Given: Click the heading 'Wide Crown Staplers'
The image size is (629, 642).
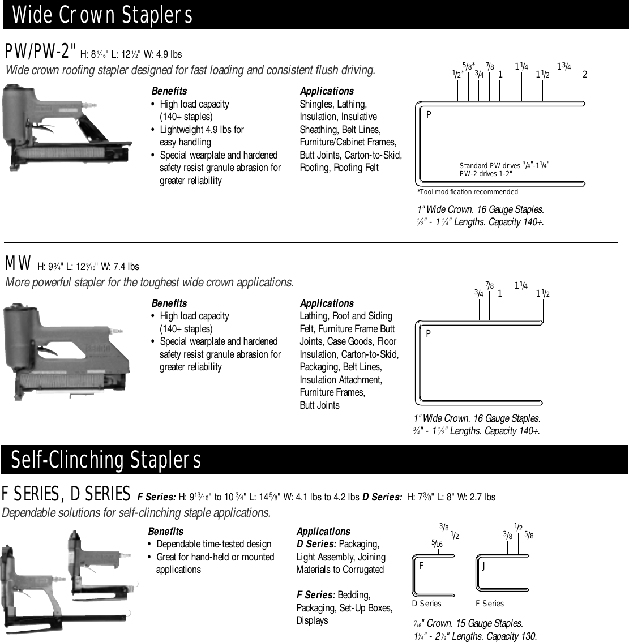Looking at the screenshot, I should point(102,15).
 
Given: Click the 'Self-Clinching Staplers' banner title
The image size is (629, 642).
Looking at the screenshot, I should point(106,460).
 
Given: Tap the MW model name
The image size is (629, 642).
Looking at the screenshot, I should point(18,264).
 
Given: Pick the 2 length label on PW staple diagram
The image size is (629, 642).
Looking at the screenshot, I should point(585,75).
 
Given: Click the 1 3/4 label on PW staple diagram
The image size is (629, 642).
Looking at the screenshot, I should point(563,67).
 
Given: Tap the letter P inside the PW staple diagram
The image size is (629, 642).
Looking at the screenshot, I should point(429,114).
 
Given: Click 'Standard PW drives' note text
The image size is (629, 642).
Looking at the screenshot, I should point(490,166).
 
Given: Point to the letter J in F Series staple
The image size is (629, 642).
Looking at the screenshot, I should point(483,566).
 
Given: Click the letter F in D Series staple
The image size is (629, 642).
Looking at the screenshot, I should point(422,566).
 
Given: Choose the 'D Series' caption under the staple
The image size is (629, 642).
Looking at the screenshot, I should point(426,604).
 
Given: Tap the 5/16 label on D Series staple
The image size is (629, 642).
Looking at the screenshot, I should point(437,544).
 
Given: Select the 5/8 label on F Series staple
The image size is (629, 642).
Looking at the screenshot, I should point(529,534).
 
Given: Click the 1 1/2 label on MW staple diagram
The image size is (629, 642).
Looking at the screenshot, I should point(543,293).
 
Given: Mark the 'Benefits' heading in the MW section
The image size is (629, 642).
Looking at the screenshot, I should point(169,303).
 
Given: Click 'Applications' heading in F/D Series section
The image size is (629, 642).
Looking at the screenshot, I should point(323,532).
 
